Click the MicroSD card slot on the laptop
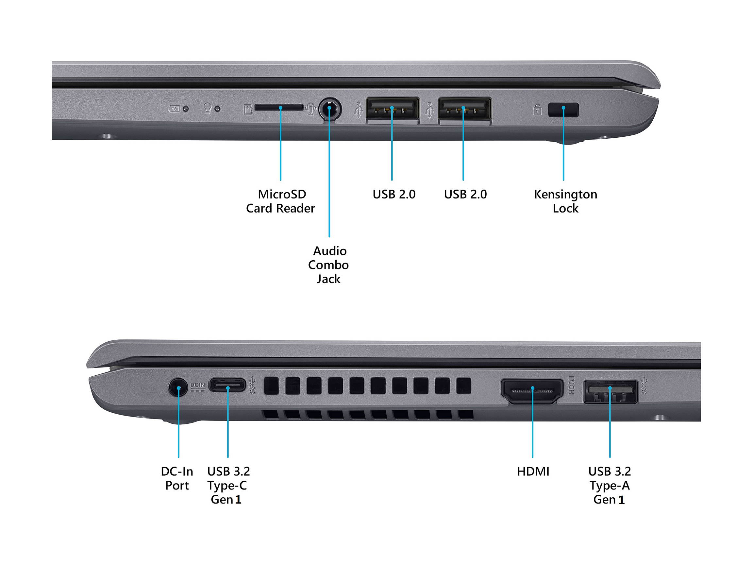279,108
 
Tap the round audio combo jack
329,108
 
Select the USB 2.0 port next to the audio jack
392,108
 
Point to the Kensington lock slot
563,110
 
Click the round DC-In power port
178,387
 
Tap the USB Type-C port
227,385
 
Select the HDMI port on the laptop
532,391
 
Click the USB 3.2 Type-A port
611,391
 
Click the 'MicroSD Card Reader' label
280,201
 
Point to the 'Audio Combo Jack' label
328,265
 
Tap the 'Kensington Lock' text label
565,201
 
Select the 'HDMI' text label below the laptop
533,472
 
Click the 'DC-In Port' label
177,478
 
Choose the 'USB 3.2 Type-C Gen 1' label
228,486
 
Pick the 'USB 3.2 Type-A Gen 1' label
610,486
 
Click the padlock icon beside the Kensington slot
538,110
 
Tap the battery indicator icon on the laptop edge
174,109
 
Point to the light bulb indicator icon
207,108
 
